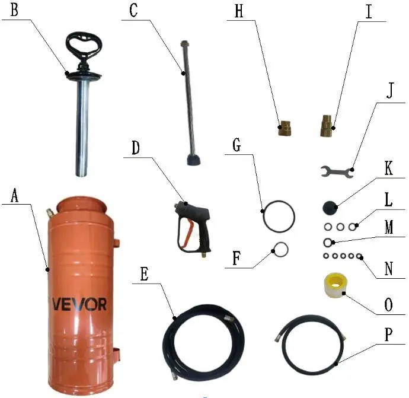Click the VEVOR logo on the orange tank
click(x=79, y=304)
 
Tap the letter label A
click(x=15, y=196)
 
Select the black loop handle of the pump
click(x=84, y=43)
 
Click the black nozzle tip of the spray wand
click(x=194, y=159)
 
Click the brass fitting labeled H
click(x=285, y=128)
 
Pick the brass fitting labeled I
click(x=326, y=126)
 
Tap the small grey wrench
click(x=337, y=172)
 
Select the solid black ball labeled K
click(x=330, y=208)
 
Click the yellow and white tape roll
click(x=334, y=285)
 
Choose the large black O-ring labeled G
click(x=279, y=216)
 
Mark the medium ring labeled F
click(x=280, y=250)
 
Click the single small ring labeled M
click(x=328, y=243)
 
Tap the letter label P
click(x=388, y=335)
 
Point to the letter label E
click(x=145, y=274)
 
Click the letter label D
click(x=136, y=148)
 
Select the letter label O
click(x=388, y=304)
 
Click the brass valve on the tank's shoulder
click(x=49, y=213)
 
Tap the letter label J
click(x=389, y=91)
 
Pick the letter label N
click(x=388, y=268)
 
